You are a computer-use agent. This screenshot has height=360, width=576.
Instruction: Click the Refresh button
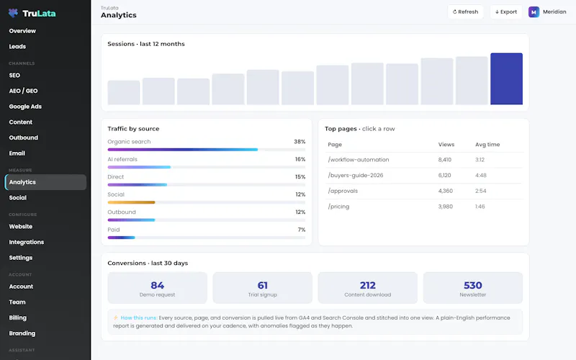(x=465, y=12)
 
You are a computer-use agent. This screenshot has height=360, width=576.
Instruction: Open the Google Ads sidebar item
(x=25, y=107)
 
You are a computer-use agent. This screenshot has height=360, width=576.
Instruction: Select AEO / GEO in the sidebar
(x=23, y=91)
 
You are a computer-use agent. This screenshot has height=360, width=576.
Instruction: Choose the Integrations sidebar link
(x=27, y=242)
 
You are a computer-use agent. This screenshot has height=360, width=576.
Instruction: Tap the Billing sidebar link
(x=17, y=318)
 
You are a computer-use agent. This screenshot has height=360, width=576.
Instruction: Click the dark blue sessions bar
(x=506, y=78)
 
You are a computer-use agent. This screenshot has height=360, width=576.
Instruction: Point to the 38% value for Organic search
(x=300, y=141)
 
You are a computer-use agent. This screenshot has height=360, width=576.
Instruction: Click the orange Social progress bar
(x=131, y=202)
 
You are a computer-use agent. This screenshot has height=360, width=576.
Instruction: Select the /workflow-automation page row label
(x=358, y=160)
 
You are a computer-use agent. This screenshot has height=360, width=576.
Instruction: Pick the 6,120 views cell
(x=444, y=175)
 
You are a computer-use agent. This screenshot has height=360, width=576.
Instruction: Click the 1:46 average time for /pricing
(x=480, y=207)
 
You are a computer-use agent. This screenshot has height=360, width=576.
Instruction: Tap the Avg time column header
(x=487, y=145)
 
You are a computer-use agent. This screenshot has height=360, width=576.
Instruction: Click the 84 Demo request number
(x=157, y=285)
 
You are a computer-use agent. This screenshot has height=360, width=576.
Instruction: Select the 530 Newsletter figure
(x=473, y=285)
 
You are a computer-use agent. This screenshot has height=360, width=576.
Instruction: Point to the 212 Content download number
(x=368, y=285)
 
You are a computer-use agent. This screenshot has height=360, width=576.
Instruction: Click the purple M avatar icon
(x=534, y=12)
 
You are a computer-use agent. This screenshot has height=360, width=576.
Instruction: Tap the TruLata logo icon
(x=13, y=13)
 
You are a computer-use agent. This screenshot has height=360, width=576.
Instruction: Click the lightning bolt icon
(x=116, y=318)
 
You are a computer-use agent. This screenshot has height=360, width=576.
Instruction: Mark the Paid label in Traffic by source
(x=114, y=230)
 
